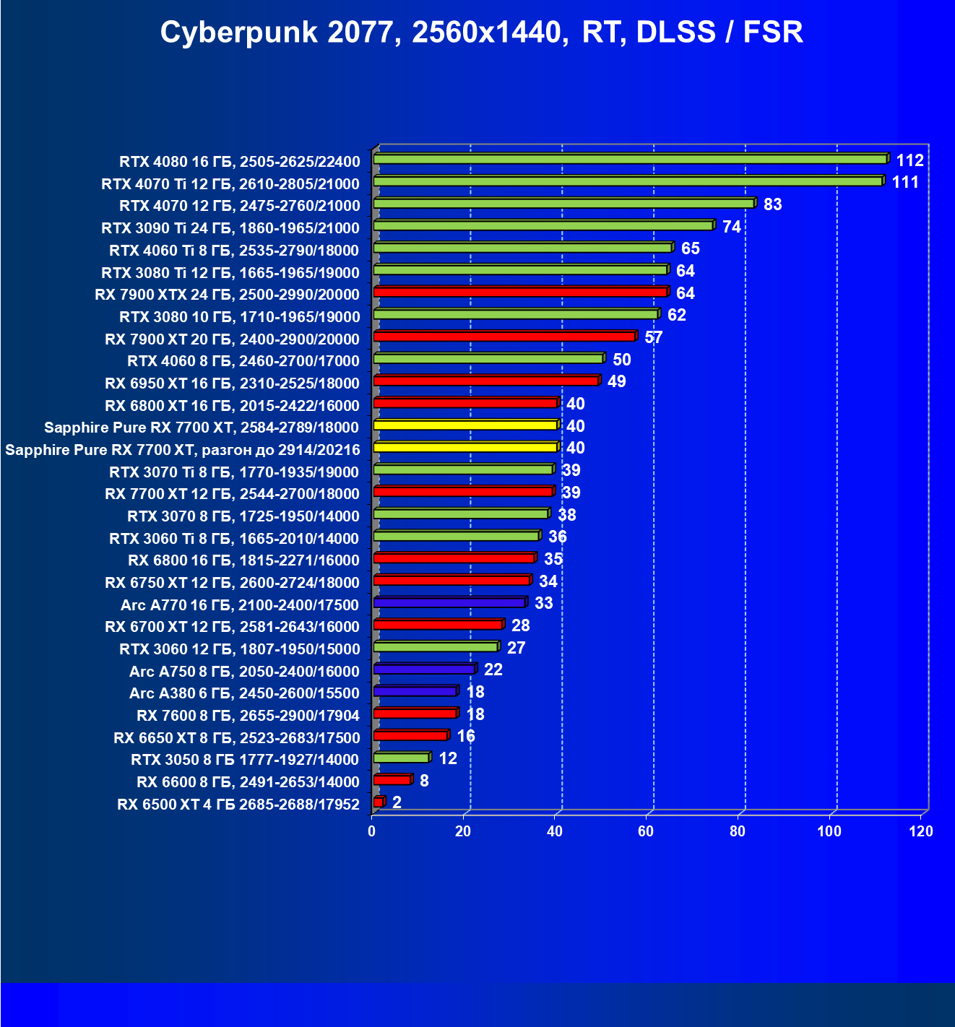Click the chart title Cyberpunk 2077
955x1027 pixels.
pyautogui.click(x=481, y=32)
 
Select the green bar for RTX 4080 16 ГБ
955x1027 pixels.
pyautogui.click(x=630, y=160)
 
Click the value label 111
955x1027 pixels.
pyautogui.click(x=905, y=182)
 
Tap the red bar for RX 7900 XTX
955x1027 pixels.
pyautogui.click(x=520, y=292)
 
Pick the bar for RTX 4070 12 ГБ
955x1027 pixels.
pyautogui.click(x=563, y=204)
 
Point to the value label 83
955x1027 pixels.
pyautogui.click(x=772, y=204)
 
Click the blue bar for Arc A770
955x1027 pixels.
pyautogui.click(x=449, y=603)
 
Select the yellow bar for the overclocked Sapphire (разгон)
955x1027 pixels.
pyautogui.click(x=465, y=448)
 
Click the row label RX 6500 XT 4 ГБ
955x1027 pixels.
pyautogui.click(x=238, y=805)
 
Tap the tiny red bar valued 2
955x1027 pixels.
pyautogui.click(x=379, y=802)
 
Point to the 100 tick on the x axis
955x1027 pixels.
pyautogui.click(x=829, y=831)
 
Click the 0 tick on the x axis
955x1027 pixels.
pyautogui.click(x=372, y=831)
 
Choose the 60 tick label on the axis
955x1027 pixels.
pyautogui.click(x=646, y=831)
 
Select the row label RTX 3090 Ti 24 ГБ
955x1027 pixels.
pyautogui.click(x=230, y=228)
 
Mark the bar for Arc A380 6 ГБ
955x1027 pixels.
pyautogui.click(x=415, y=692)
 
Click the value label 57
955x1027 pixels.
pyautogui.click(x=653, y=337)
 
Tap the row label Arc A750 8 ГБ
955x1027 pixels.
pyautogui.click(x=244, y=672)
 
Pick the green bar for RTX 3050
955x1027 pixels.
pyautogui.click(x=401, y=758)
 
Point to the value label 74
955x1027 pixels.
pyautogui.click(x=731, y=227)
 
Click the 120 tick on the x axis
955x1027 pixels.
pyautogui.click(x=921, y=831)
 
